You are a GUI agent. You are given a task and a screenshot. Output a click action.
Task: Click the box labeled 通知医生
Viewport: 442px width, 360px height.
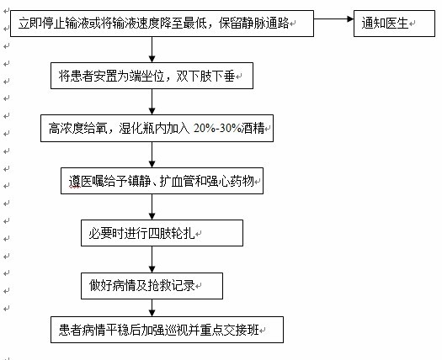[394, 24]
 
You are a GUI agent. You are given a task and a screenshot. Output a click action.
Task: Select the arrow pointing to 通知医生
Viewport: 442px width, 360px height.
[333, 19]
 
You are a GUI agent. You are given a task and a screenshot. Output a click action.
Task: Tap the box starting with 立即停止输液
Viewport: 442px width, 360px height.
[162, 24]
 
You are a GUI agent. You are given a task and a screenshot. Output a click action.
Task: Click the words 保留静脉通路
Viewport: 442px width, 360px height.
[253, 23]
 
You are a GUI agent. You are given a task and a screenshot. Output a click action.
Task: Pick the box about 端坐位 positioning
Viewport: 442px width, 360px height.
[152, 76]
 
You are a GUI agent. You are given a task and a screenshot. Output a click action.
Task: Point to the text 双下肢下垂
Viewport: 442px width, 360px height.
[205, 76]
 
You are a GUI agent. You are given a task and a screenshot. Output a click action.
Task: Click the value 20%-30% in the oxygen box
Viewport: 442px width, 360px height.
[217, 129]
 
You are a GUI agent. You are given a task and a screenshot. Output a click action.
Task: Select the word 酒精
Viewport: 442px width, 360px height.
[253, 129]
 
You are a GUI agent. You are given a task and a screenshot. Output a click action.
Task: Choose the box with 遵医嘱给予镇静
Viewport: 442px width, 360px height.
[162, 181]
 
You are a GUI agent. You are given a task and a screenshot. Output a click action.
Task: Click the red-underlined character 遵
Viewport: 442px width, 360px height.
[75, 181]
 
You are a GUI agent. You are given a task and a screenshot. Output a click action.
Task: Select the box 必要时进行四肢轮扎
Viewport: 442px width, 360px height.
[162, 233]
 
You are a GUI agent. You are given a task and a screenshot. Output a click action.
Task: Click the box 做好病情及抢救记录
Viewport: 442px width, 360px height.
[152, 286]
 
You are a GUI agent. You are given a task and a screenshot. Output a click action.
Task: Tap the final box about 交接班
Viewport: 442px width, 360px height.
[168, 330]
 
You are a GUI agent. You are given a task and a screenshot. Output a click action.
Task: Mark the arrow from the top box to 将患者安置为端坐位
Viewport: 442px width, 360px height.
[152, 50]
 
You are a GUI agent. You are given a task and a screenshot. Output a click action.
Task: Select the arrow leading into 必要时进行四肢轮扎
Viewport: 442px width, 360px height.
[152, 207]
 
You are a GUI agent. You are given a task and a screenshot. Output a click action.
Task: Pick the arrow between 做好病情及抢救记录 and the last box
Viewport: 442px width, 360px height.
[152, 308]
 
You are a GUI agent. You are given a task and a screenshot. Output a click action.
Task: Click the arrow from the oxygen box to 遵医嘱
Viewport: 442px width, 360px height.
[152, 155]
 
